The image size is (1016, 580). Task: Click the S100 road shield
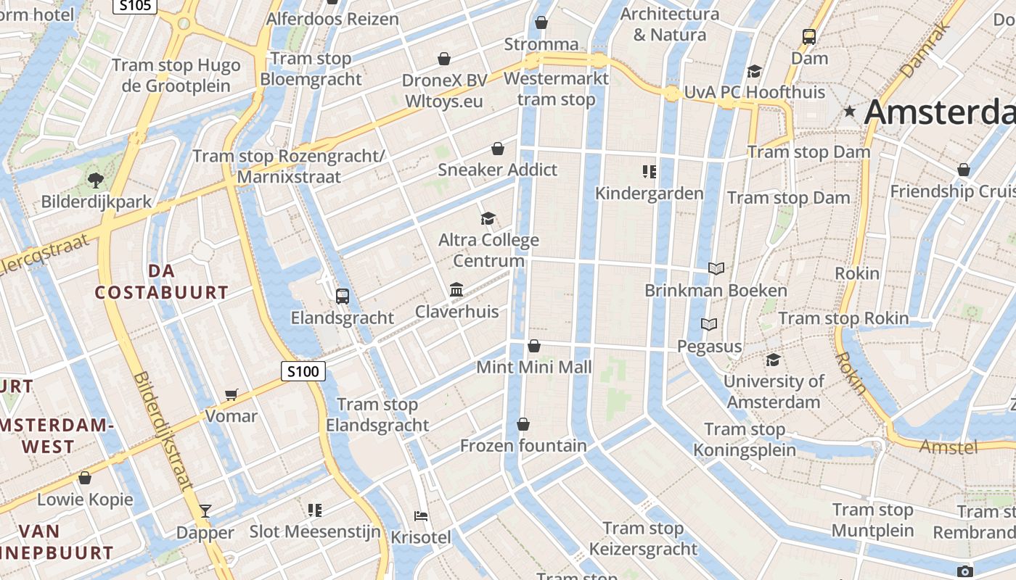303,372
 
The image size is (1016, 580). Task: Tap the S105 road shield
136,6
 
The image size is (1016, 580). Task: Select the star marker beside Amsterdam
850,112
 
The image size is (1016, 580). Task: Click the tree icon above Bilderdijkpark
95,180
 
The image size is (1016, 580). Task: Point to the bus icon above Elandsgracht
343,296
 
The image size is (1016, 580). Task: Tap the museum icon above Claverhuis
456,290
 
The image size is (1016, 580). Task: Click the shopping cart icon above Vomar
232,394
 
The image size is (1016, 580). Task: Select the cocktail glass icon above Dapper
205,511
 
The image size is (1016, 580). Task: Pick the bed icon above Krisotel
421,516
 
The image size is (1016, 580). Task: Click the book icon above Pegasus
709,324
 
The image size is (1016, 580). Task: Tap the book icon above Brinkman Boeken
716,269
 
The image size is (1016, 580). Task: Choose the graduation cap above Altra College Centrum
488,218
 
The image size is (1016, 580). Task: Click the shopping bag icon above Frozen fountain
523,423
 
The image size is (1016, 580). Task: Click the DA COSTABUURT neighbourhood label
162,282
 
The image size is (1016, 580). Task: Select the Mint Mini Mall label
534,368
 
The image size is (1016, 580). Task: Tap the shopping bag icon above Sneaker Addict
498,149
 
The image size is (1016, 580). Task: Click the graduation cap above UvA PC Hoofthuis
754,71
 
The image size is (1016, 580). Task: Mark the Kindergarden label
649,194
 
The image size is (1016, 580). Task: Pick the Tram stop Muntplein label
872,520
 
